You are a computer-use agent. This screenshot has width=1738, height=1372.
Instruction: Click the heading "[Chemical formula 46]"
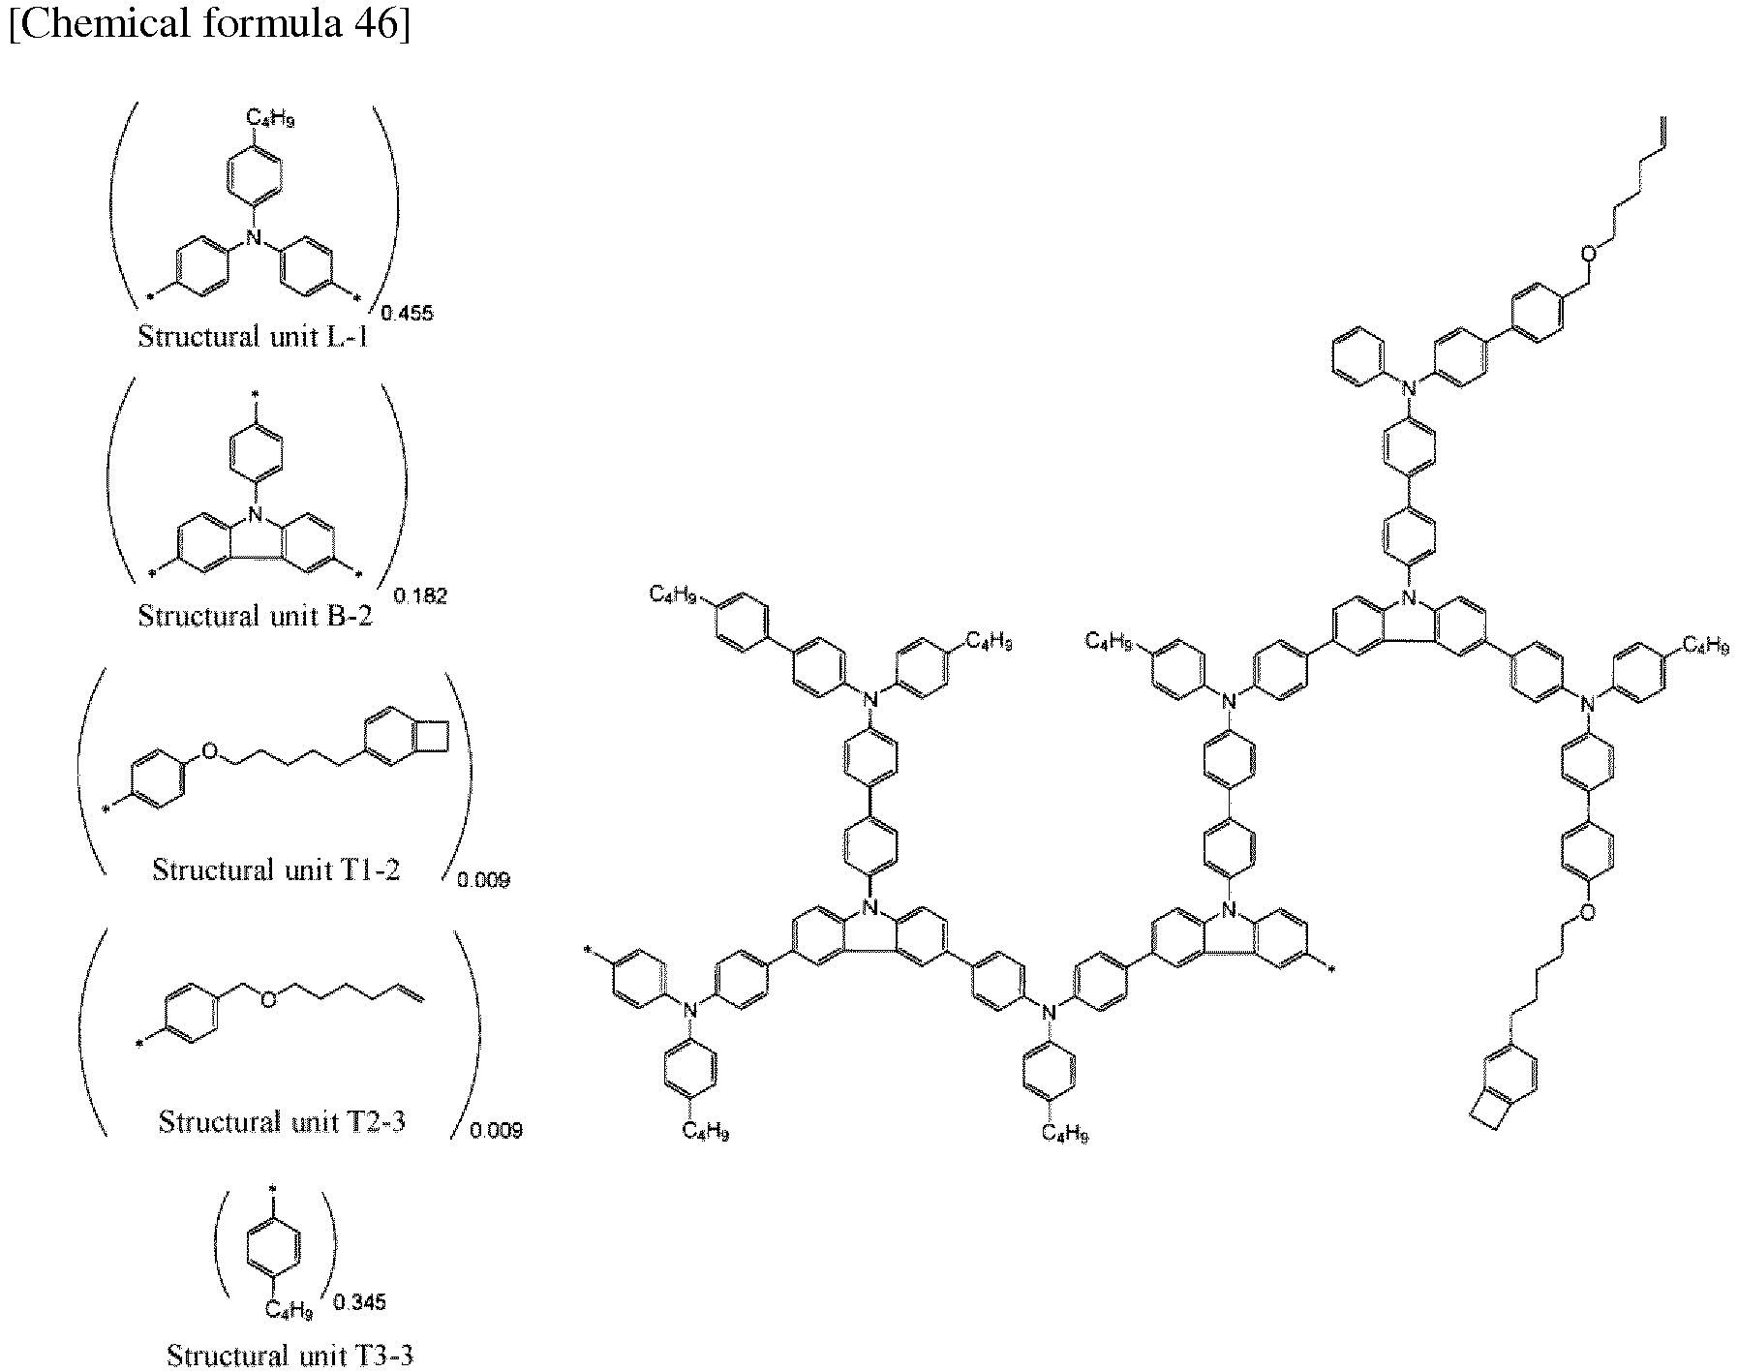coord(209,21)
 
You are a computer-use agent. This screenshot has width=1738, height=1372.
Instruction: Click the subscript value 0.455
coord(407,313)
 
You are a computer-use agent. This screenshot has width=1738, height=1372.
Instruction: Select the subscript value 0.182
coord(422,595)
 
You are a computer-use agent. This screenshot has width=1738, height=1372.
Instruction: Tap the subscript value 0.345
coord(359,1301)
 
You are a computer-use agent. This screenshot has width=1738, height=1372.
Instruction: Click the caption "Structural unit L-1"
coord(254,337)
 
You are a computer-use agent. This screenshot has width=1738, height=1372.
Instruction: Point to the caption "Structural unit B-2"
coord(255,615)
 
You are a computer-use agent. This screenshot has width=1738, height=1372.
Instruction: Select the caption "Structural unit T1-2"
coord(277,869)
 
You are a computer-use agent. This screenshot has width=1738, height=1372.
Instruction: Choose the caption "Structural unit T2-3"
coord(283,1121)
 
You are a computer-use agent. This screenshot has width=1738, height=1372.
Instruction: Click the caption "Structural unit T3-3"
coord(290,1355)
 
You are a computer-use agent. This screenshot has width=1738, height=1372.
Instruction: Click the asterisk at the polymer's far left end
coord(588,952)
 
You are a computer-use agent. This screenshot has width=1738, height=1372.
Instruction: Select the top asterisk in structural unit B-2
coord(256,394)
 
